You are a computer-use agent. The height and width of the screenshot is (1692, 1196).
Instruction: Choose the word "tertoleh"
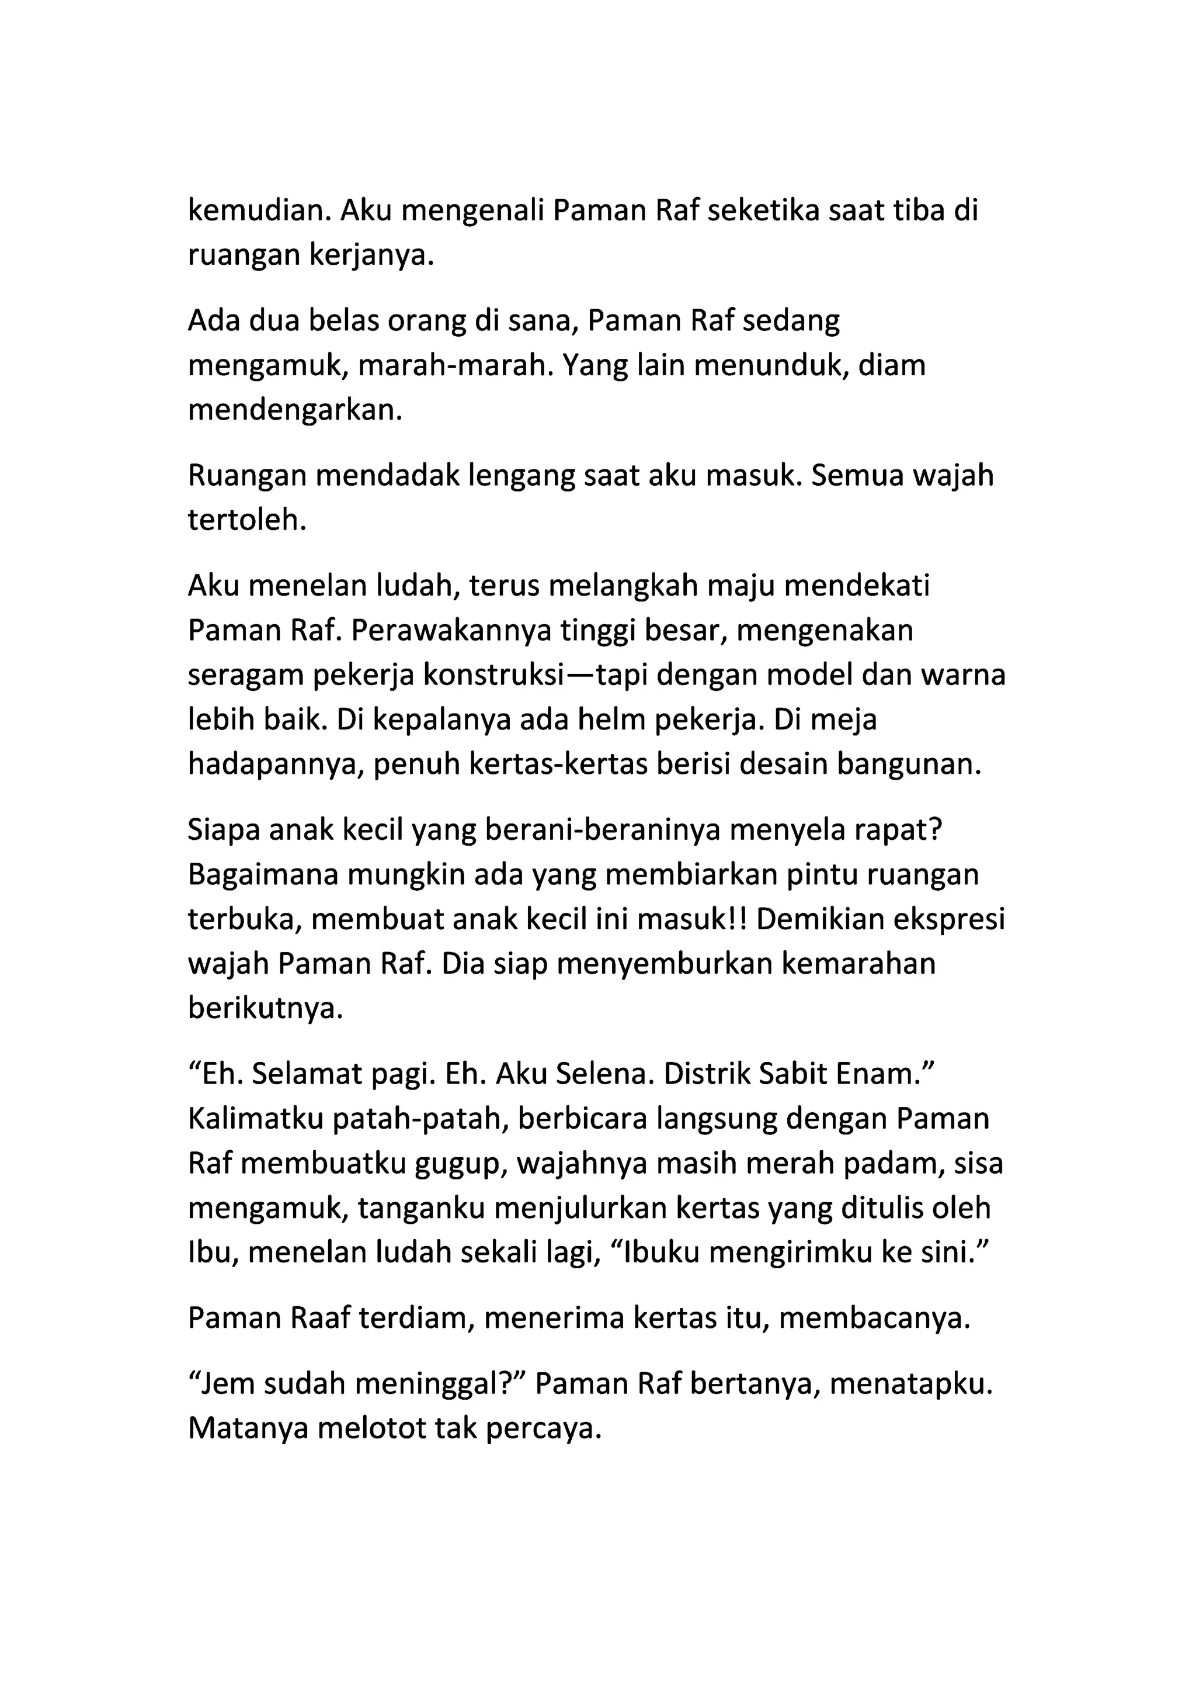coord(246,520)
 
